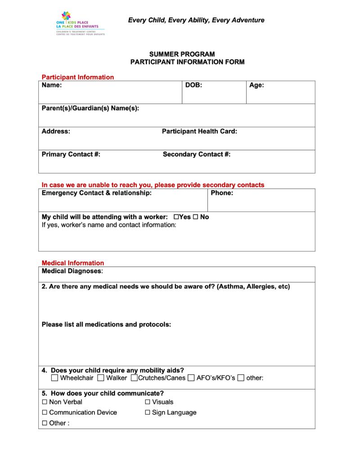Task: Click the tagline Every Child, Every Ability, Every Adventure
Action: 196,20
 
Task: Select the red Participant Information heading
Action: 78,77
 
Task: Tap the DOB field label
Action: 193,85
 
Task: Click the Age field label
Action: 256,85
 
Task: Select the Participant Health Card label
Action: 199,131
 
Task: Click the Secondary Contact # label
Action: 197,154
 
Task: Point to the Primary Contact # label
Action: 71,154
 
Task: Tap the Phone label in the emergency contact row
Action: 222,193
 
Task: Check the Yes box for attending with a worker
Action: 176,217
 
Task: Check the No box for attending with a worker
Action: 196,217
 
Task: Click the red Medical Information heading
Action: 73,263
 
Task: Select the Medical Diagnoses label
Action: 72,271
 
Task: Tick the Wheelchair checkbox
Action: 55,378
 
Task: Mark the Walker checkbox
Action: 101,378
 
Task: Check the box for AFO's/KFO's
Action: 191,378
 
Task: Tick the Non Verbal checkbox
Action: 45,402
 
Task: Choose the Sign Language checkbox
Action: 148,413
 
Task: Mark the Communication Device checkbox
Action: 45,413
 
